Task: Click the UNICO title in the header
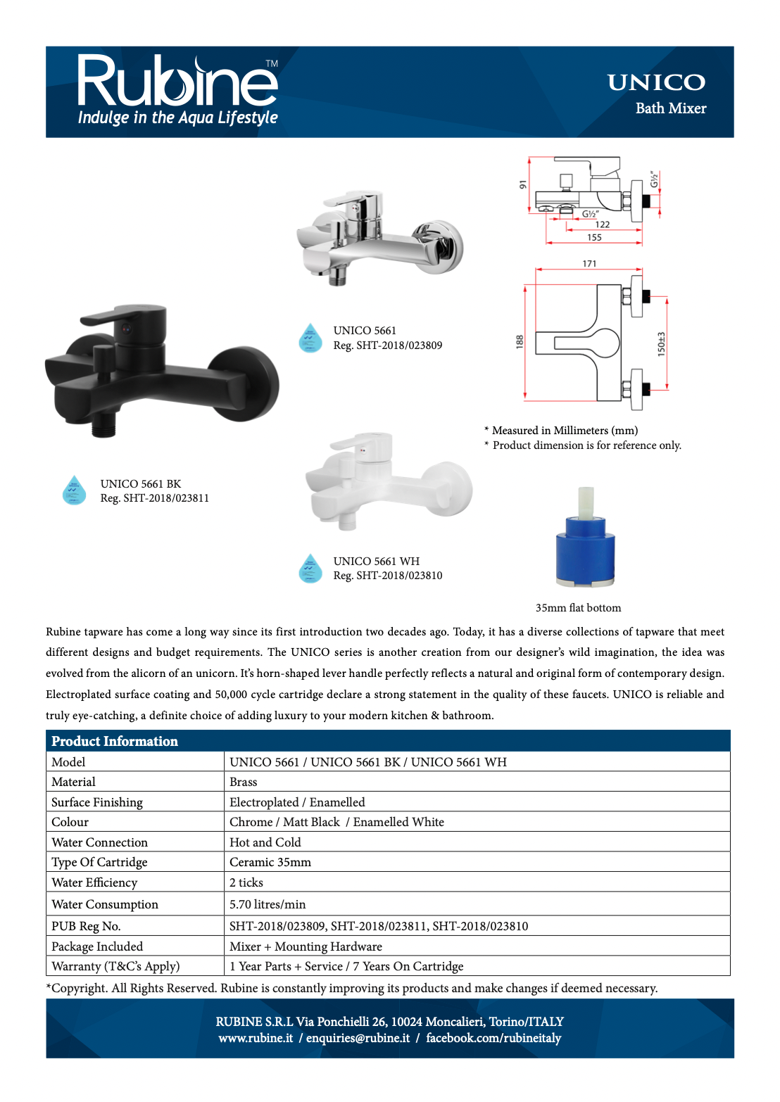[x=656, y=83]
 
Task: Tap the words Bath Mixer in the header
[x=670, y=108]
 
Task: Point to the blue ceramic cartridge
[x=585, y=539]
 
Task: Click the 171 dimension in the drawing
[x=589, y=264]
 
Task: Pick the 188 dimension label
[x=520, y=342]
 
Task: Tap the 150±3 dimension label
[x=661, y=344]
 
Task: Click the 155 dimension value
[x=594, y=238]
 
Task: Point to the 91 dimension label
[x=522, y=184]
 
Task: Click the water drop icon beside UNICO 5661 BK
[x=74, y=490]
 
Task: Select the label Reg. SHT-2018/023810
[x=388, y=576]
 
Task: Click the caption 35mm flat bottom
[x=578, y=608]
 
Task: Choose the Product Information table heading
[x=115, y=741]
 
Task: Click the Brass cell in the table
[x=244, y=782]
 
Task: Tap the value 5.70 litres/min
[x=268, y=904]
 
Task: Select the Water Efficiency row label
[x=94, y=882]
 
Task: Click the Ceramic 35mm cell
[x=270, y=862]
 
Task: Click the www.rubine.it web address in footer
[x=256, y=1038]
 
